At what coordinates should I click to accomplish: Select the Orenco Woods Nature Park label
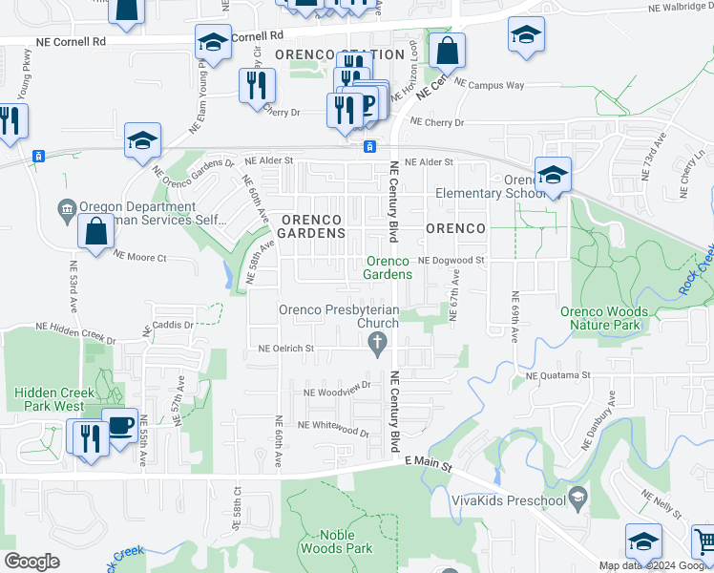tap(604, 318)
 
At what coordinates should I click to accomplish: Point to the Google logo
tap(31, 562)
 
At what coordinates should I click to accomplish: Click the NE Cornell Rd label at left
tap(72, 42)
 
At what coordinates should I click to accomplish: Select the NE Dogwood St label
tap(451, 260)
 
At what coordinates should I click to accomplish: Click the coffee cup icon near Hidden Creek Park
tap(120, 425)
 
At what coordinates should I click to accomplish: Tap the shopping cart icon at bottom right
tap(704, 541)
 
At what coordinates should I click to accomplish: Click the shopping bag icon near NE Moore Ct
tap(96, 231)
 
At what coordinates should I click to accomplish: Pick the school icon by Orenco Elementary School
tap(552, 175)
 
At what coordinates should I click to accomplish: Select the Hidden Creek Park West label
tap(53, 399)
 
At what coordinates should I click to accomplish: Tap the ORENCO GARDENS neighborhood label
tap(311, 226)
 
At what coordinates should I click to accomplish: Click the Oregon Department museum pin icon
tap(67, 208)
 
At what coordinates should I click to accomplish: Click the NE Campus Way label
tap(490, 85)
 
